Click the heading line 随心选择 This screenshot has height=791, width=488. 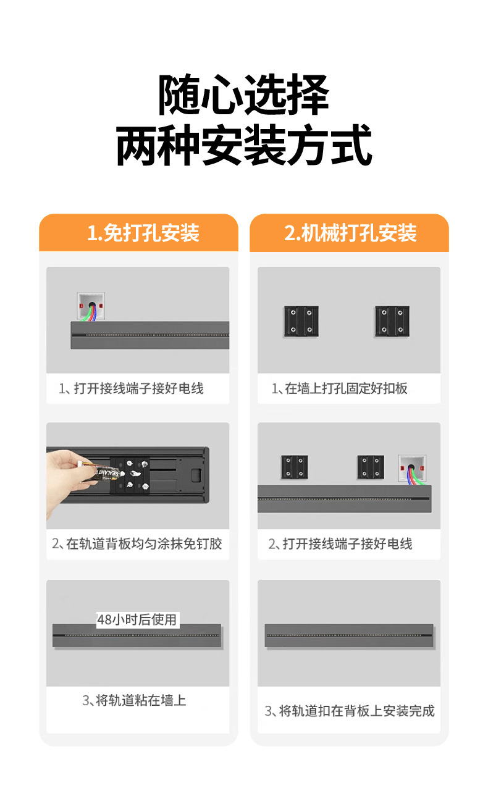tap(243, 96)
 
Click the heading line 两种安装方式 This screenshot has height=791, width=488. tap(243, 146)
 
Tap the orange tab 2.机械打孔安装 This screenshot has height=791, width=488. tap(350, 233)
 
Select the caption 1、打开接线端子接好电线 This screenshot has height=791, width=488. tap(131, 389)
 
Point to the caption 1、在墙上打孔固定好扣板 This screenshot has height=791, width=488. tap(340, 389)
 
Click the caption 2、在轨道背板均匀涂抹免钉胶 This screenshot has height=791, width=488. tap(137, 544)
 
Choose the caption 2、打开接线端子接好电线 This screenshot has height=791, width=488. tap(340, 544)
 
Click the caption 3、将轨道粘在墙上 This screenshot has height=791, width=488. tap(134, 700)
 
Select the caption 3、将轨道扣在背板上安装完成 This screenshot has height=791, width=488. tap(350, 711)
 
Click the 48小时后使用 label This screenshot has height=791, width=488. tap(137, 619)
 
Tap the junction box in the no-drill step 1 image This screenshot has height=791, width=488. tap(90, 306)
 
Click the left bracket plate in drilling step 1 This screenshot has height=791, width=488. tap(301, 321)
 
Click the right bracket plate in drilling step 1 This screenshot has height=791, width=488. tap(392, 321)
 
